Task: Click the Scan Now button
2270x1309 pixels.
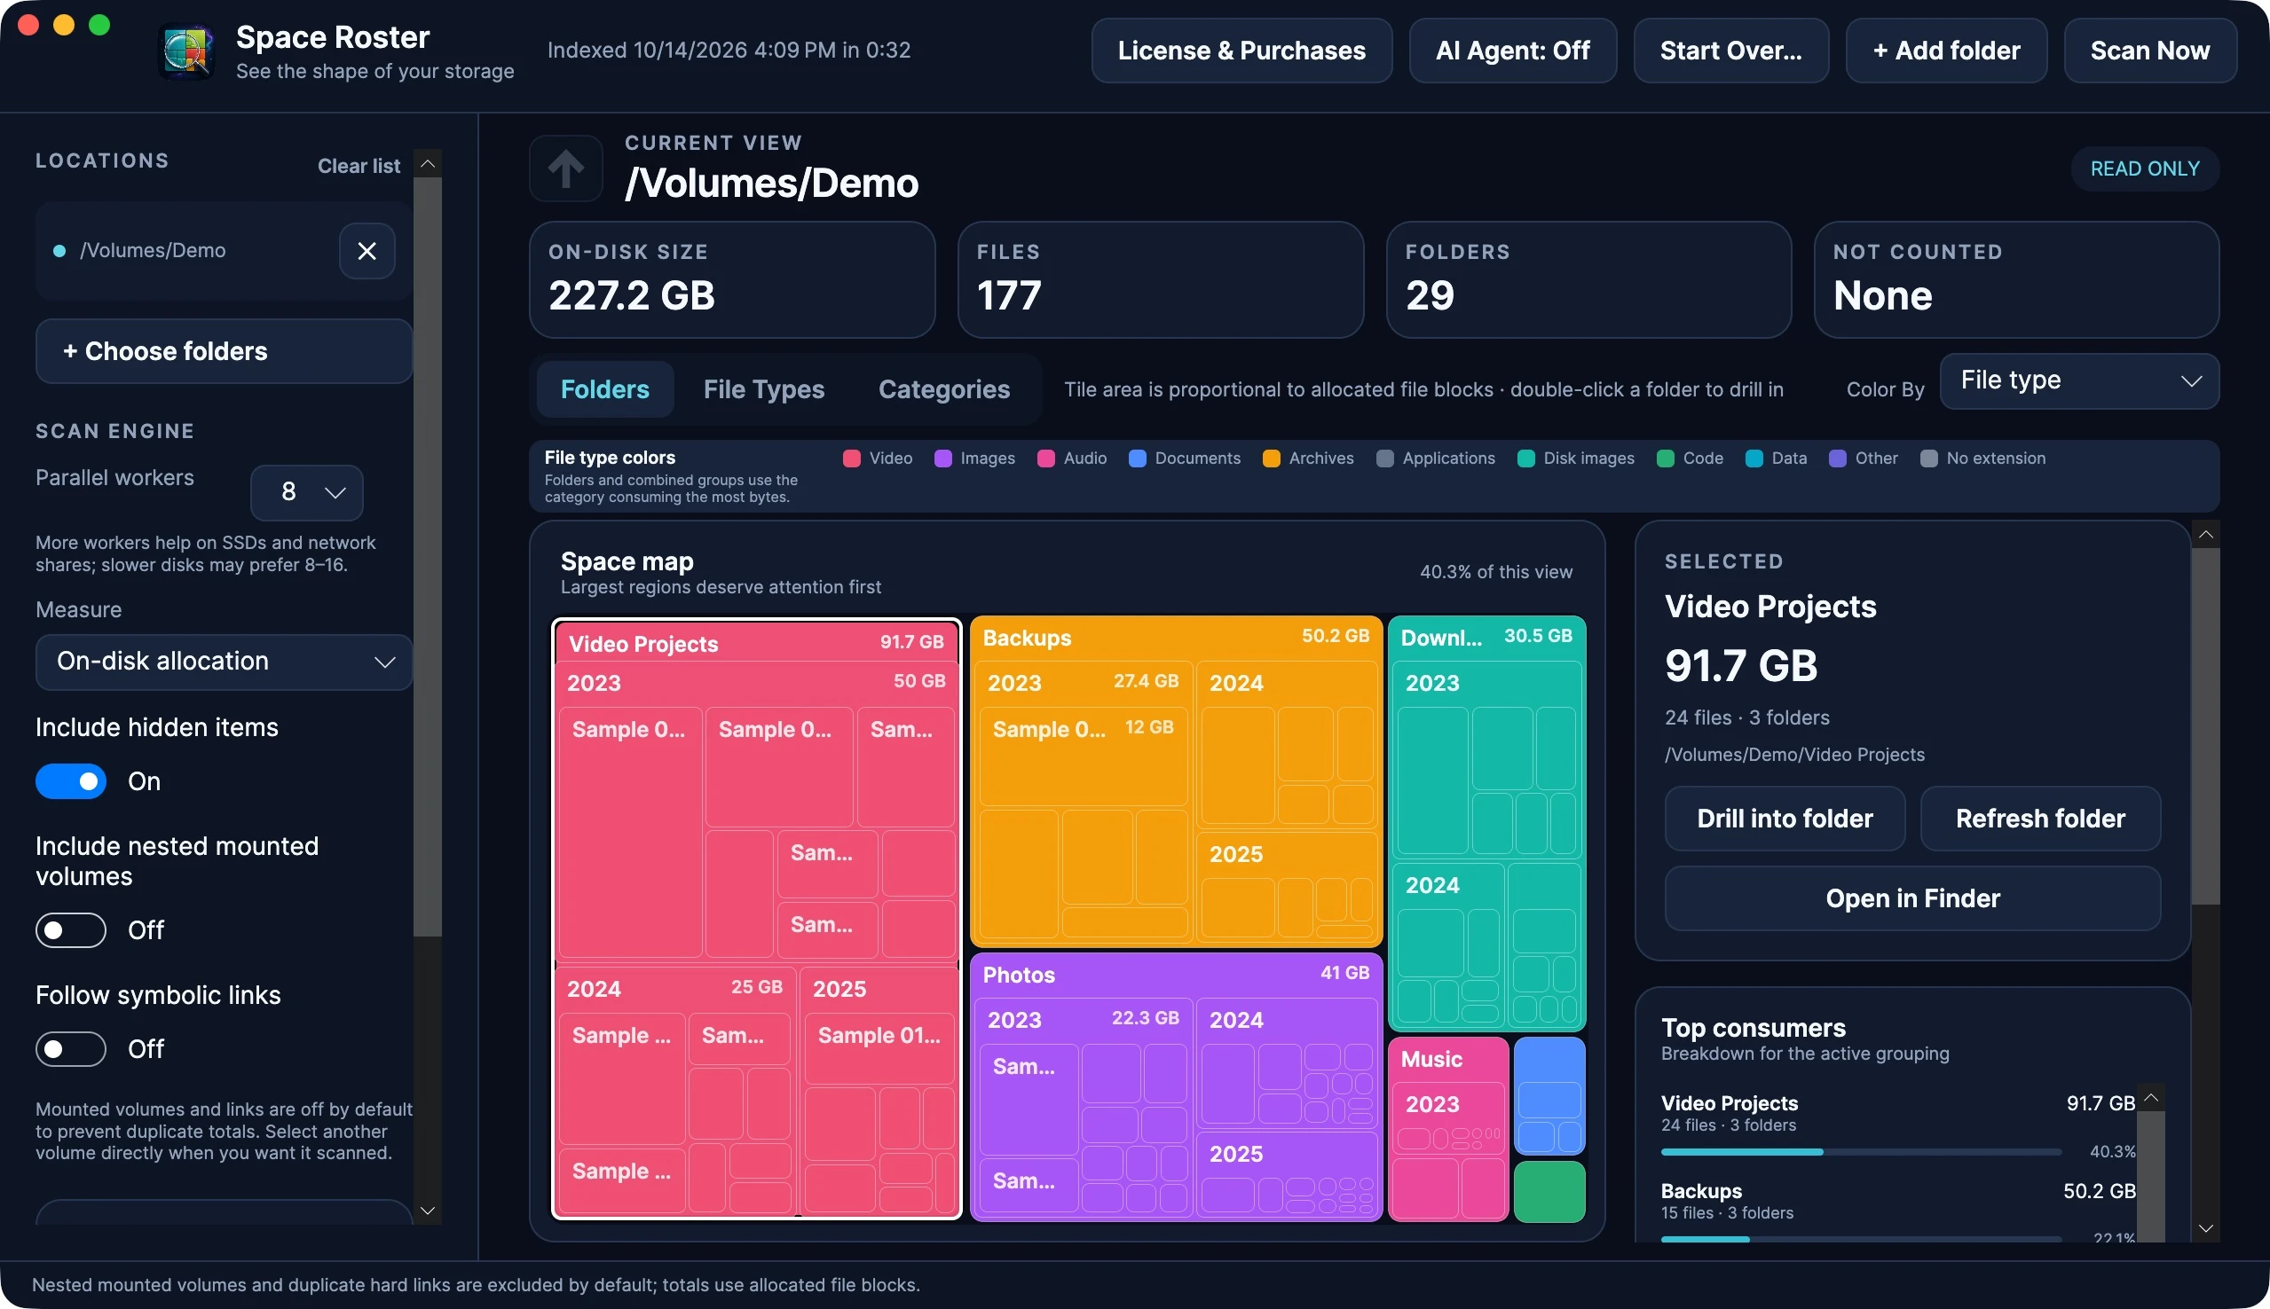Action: tap(2149, 51)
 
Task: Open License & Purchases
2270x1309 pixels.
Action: tap(1241, 51)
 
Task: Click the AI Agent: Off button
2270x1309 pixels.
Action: tap(1513, 51)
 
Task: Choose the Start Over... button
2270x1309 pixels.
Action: tap(1730, 51)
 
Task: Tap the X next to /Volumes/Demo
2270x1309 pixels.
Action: tap(367, 251)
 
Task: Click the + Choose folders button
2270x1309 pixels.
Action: tap(224, 350)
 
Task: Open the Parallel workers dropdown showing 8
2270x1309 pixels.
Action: tap(307, 492)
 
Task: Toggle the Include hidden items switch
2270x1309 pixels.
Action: tap(71, 781)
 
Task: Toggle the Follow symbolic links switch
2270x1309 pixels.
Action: tap(71, 1048)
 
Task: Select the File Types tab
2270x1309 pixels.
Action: tap(763, 389)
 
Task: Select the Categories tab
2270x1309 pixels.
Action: tap(943, 389)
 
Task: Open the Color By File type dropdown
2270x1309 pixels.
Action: tap(2079, 380)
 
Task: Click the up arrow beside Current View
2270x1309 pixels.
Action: tap(565, 169)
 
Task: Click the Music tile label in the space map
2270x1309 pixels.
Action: tap(1431, 1059)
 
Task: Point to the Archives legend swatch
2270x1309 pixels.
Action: tap(1271, 459)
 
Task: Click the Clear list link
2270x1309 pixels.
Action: tap(359, 167)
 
